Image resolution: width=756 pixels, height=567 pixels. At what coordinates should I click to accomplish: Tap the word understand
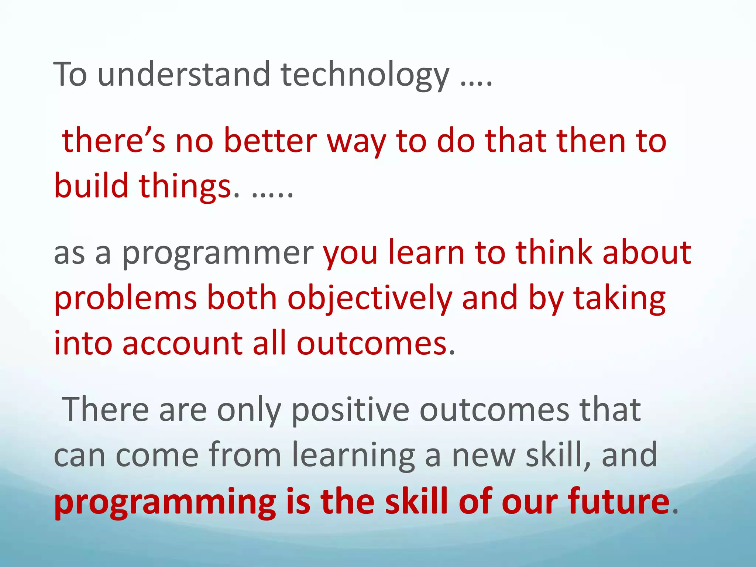pos(183,74)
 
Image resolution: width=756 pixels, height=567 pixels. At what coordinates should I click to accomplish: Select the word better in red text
pos(270,141)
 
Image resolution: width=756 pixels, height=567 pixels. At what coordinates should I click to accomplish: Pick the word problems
pos(126,299)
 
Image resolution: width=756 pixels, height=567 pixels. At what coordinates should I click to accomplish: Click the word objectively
pos(370,299)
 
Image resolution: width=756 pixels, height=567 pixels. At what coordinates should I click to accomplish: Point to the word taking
pos(619,299)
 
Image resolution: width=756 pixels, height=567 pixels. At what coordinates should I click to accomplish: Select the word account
pos(182,343)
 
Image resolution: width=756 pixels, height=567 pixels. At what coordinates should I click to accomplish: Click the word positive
pos(350,410)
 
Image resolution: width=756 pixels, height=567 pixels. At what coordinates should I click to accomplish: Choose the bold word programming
pos(165,502)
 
